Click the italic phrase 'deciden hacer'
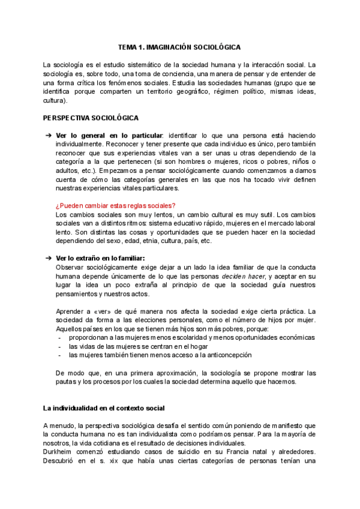[x=243, y=276]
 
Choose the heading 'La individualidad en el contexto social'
[x=103, y=408]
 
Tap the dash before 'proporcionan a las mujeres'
[x=59, y=338]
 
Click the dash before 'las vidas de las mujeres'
[x=59, y=346]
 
